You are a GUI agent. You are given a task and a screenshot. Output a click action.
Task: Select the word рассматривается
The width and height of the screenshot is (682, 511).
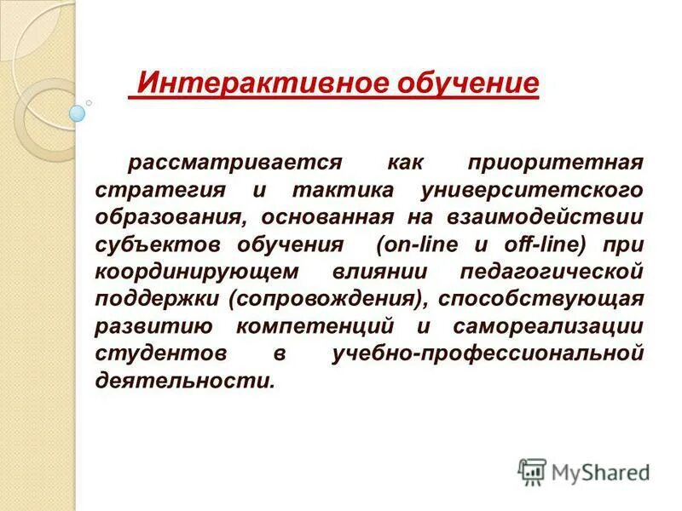coord(235,162)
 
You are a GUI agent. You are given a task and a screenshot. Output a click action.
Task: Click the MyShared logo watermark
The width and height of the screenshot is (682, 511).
coord(585,471)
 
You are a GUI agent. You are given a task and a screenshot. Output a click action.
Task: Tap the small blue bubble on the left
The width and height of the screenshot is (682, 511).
coord(78,112)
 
